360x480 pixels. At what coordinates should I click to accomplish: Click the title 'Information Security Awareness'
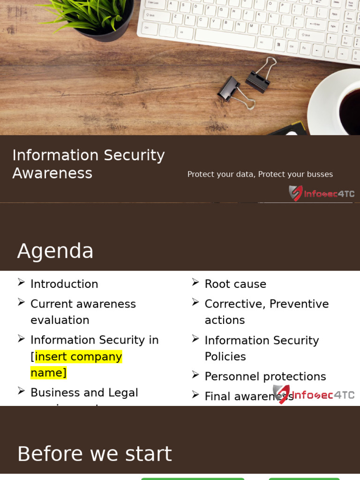[x=88, y=164]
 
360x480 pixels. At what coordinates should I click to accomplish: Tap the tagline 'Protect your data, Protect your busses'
[x=260, y=174]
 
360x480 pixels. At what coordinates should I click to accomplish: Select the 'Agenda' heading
[x=55, y=251]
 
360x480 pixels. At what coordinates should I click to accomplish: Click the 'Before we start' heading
[x=94, y=454]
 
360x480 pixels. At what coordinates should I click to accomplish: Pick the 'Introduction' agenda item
[x=64, y=284]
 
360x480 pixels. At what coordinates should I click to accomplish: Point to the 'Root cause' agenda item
[x=235, y=284]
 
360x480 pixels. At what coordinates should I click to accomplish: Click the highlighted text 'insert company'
[x=78, y=357]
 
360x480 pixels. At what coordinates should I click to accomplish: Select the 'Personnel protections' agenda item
[x=265, y=376]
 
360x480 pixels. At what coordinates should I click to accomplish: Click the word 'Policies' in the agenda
[x=225, y=357]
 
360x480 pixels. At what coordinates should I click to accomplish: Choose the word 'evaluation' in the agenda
[x=60, y=320]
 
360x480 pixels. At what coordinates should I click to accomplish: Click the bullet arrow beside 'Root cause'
[x=195, y=282]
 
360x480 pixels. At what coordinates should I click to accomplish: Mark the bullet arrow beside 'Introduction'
[x=21, y=282]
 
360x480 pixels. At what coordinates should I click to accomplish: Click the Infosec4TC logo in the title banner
[x=321, y=193]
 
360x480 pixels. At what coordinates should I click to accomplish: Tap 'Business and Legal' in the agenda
[x=84, y=392]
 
